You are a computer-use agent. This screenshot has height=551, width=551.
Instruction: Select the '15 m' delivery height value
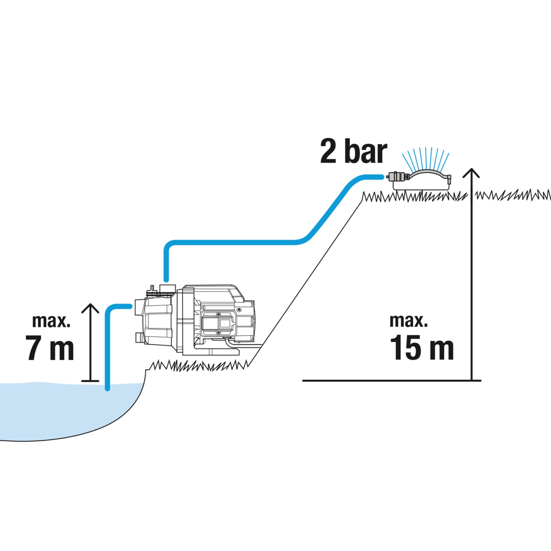point(422,347)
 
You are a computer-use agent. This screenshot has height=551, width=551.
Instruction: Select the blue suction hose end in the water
point(108,387)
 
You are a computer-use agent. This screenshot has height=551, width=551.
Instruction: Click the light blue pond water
point(57,413)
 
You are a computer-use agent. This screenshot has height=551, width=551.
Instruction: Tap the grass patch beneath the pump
point(198,366)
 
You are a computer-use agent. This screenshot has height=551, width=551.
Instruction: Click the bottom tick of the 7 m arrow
point(90,381)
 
